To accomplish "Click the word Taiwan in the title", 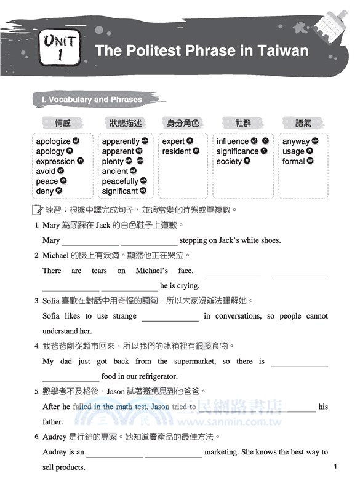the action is point(279,50).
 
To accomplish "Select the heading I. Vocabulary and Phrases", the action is point(91,100).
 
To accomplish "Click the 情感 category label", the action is point(62,124).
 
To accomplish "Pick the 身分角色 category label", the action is point(183,124).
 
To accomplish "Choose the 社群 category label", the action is point(243,124).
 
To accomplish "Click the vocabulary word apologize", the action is point(53,141).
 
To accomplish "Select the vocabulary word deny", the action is point(45,191).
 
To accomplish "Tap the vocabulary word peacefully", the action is point(120,181).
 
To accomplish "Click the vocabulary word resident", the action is point(177,151).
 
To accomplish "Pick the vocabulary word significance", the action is point(238,151).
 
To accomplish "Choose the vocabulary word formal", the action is point(294,161).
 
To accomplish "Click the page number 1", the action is point(335,467).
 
